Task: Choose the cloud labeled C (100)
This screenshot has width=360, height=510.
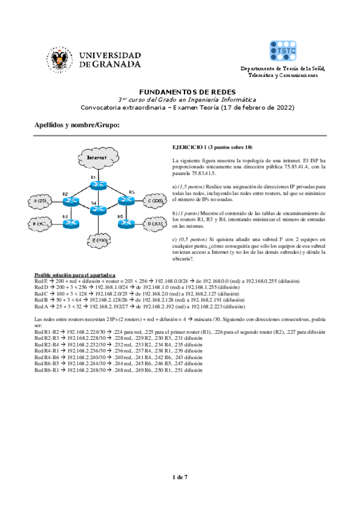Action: click(x=154, y=200)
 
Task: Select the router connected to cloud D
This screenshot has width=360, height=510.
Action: click(x=125, y=223)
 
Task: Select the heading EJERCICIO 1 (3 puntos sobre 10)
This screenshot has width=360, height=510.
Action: click(x=212, y=147)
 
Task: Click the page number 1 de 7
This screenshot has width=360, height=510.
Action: click(x=180, y=477)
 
